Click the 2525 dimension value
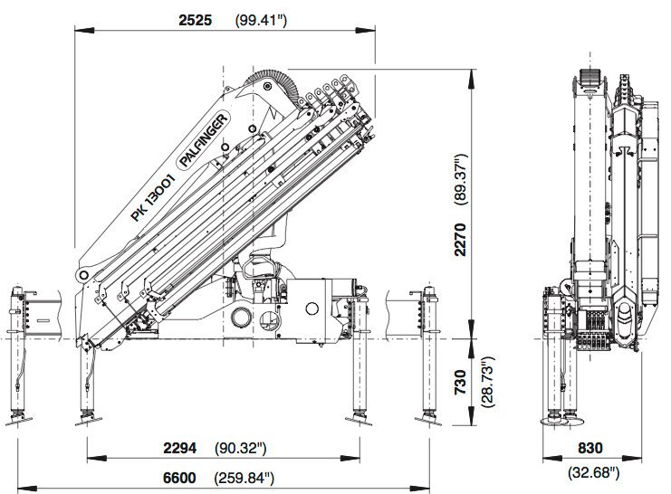click(x=195, y=20)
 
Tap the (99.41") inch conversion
click(x=261, y=21)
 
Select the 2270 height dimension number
click(x=460, y=239)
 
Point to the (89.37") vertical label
click(x=460, y=180)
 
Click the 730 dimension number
click(x=460, y=383)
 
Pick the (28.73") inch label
click(x=488, y=382)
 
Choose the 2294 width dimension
click(x=179, y=448)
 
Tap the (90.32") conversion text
click(x=241, y=448)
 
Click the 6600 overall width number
click(x=179, y=478)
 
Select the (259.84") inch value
click(x=244, y=478)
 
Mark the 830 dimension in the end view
click(x=590, y=448)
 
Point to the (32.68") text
click(x=593, y=472)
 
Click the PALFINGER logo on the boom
click(x=203, y=140)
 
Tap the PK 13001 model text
click(x=153, y=197)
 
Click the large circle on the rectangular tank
click(x=312, y=309)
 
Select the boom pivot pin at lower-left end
click(x=82, y=275)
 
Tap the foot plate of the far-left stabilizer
click(x=19, y=421)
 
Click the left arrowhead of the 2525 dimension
click(x=84, y=30)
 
